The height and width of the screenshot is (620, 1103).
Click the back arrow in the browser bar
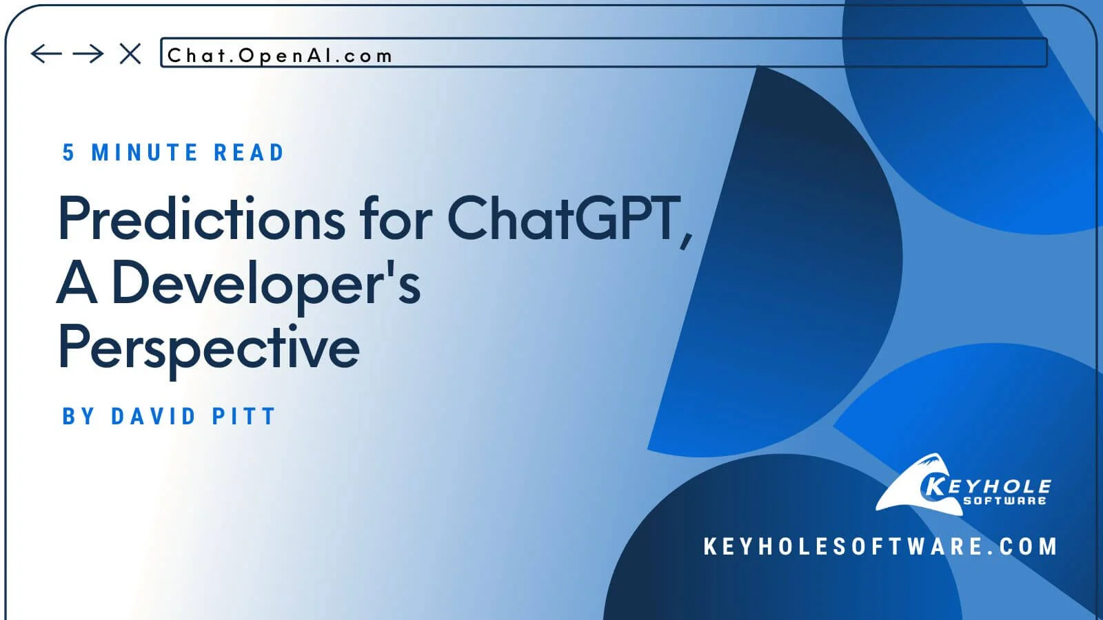click(x=46, y=54)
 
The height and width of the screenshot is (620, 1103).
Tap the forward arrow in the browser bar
click(x=88, y=54)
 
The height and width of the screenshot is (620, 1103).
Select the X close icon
click(x=130, y=54)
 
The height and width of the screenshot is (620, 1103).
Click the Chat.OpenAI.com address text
click(x=280, y=56)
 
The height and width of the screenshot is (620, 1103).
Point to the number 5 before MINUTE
click(x=68, y=152)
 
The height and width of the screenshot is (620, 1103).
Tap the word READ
click(x=249, y=152)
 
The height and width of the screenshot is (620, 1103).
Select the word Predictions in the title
click(x=201, y=218)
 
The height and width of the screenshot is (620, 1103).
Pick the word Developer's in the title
click(x=266, y=284)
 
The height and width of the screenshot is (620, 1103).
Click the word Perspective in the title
click(x=208, y=349)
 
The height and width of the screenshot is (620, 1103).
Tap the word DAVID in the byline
click(x=154, y=416)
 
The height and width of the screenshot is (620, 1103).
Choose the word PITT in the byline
click(x=244, y=416)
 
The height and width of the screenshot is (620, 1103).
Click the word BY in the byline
click(x=79, y=416)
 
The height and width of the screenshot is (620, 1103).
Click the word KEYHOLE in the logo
click(x=986, y=486)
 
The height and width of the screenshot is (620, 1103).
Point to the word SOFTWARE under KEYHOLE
click(x=1004, y=501)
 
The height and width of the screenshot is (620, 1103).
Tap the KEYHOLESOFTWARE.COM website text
click(x=880, y=547)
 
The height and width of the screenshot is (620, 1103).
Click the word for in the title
click(x=396, y=218)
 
